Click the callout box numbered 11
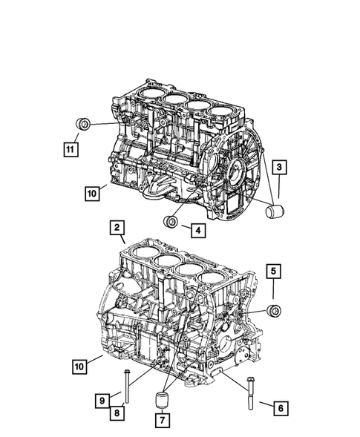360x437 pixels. coord(70,150)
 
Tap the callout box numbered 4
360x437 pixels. coord(197,231)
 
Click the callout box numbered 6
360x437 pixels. coord(279,407)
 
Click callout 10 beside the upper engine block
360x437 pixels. coord(91,194)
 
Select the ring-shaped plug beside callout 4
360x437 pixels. coord(171,221)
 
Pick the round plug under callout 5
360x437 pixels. coord(274,310)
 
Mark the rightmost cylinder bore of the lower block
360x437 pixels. coord(211,282)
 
